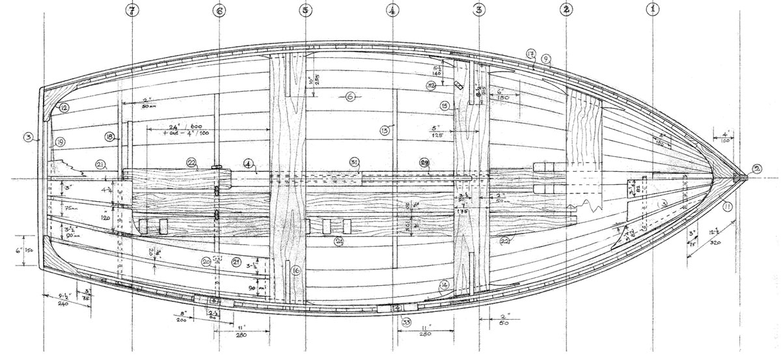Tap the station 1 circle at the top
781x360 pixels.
653,10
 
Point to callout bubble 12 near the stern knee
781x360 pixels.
65,107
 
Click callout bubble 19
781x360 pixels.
60,141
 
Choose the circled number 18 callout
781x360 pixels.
109,137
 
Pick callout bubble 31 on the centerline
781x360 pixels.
354,161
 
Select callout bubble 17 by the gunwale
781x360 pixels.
530,54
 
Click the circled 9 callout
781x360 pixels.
546,59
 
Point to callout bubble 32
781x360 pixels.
449,85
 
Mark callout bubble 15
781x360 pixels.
445,105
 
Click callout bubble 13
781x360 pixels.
384,130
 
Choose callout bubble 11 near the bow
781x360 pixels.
726,208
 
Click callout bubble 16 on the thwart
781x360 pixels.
296,270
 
